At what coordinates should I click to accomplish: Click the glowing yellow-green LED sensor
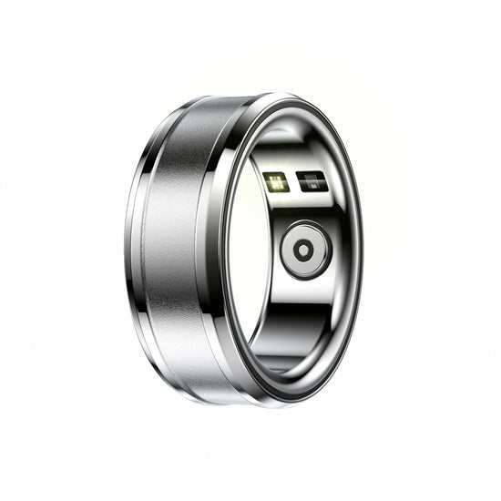275,180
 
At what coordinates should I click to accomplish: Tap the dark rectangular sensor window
310,180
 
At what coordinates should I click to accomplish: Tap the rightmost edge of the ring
362,246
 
